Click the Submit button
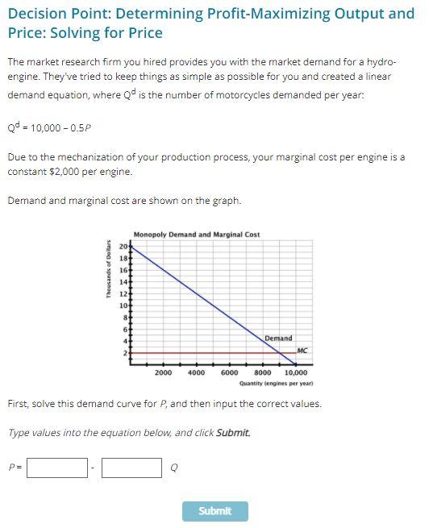214,511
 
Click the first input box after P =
57,468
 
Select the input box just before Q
131,468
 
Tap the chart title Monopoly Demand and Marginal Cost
197,235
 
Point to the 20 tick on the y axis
123,246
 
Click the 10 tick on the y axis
123,306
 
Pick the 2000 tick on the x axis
163,373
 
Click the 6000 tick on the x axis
229,373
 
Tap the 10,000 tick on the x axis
296,373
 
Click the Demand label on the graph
278,339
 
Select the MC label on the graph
302,351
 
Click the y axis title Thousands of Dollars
107,271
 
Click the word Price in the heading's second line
145,33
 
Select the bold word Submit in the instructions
233,433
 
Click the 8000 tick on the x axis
263,373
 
